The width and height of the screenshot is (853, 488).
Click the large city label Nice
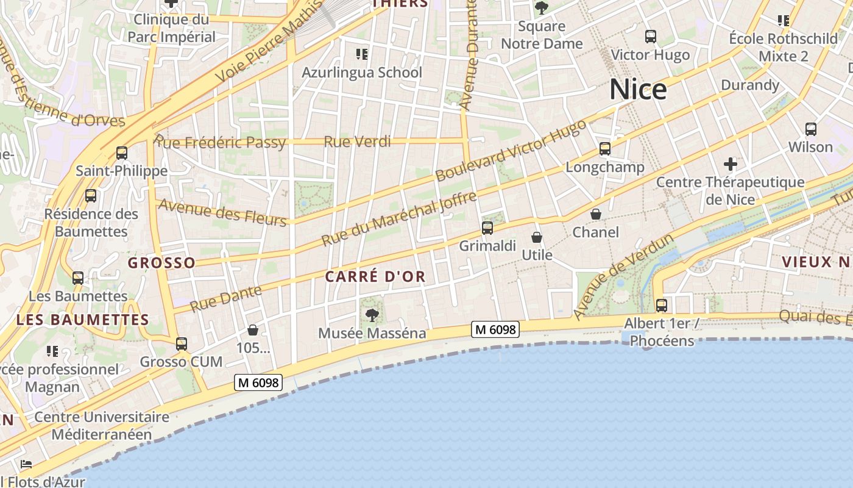click(x=638, y=90)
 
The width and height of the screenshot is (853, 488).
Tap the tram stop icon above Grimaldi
click(x=487, y=228)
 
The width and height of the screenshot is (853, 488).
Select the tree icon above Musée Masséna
click(x=372, y=315)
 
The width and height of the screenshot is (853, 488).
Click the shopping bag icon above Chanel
click(x=596, y=214)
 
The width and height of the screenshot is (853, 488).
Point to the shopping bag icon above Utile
click(x=537, y=237)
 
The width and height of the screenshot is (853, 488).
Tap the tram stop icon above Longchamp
click(x=604, y=149)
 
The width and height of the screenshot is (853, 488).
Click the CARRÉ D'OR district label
click(x=375, y=276)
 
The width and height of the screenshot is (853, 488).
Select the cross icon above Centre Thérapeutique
click(x=730, y=163)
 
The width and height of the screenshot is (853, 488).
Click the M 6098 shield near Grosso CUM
click(x=258, y=382)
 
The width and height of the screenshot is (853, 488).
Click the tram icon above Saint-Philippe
click(x=121, y=152)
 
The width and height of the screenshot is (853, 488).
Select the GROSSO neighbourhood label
click(x=161, y=263)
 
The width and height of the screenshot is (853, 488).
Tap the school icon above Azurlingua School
click(x=361, y=54)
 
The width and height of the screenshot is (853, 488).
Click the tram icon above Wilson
click(x=810, y=129)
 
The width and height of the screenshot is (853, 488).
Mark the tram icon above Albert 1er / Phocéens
click(x=661, y=305)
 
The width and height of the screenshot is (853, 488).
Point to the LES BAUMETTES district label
click(x=83, y=320)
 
